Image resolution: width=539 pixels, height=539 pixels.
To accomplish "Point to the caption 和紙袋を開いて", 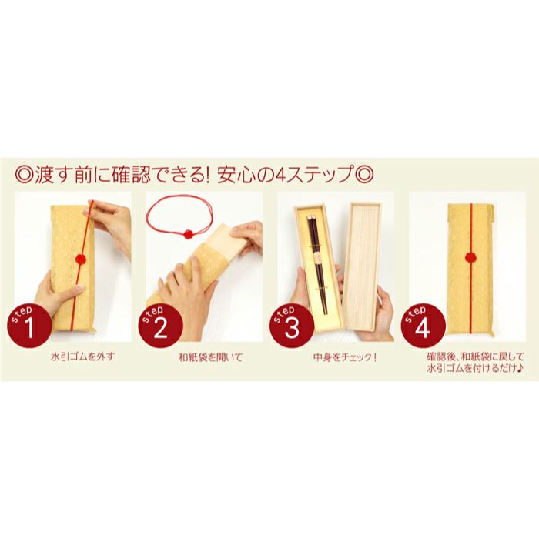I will click(x=204, y=358).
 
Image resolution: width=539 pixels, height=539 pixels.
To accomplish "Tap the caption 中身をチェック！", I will click(x=333, y=358).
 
